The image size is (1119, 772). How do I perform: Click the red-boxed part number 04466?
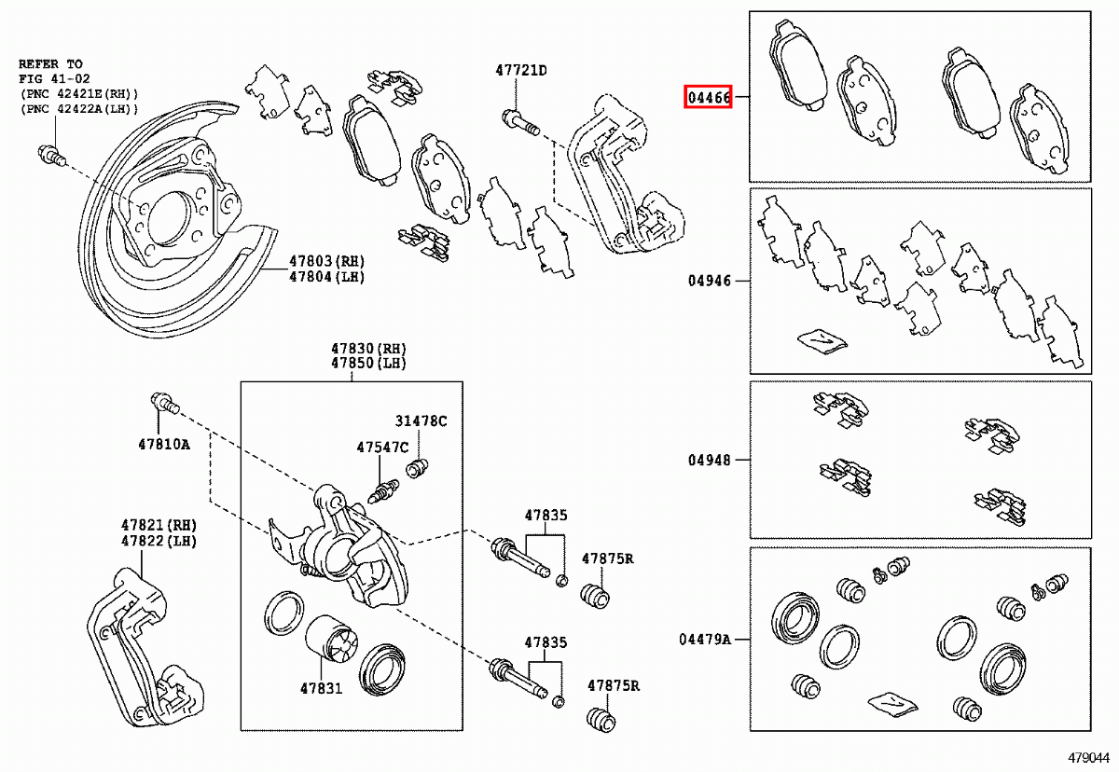[708, 96]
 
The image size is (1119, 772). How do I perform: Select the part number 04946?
[709, 281]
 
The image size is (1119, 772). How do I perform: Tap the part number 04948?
[709, 460]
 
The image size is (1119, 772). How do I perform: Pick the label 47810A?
[164, 444]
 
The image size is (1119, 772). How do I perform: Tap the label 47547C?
[382, 448]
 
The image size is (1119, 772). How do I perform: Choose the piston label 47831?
[322, 689]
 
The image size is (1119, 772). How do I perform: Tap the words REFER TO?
[50, 64]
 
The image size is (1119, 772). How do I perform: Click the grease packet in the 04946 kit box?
[822, 341]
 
